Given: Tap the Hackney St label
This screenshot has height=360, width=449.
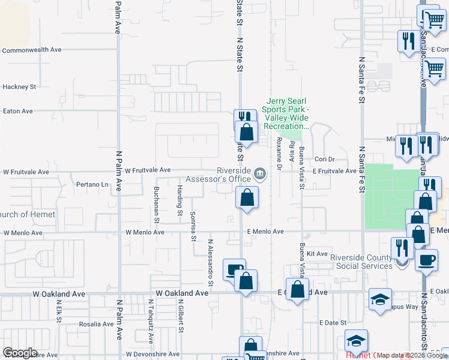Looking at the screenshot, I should coord(19,87).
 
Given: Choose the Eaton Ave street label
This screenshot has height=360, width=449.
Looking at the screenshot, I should coord(18,111).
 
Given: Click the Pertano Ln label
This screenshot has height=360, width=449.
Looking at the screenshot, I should coord(92,184).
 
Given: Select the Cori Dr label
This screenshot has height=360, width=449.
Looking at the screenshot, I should coord(324,160).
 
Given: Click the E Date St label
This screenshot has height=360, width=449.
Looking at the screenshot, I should coord(330,323).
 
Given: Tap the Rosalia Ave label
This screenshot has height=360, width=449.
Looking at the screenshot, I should coord(97,324).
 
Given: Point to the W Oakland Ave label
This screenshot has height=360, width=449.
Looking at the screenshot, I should coord(181,293).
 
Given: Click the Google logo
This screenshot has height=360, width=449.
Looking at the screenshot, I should coord(20,353).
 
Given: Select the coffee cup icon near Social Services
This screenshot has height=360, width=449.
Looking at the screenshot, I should coord(427,260).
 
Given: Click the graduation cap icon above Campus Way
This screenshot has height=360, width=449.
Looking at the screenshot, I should coord(380,299).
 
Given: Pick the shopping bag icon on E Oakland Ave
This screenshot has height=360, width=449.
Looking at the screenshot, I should coord(297,289).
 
